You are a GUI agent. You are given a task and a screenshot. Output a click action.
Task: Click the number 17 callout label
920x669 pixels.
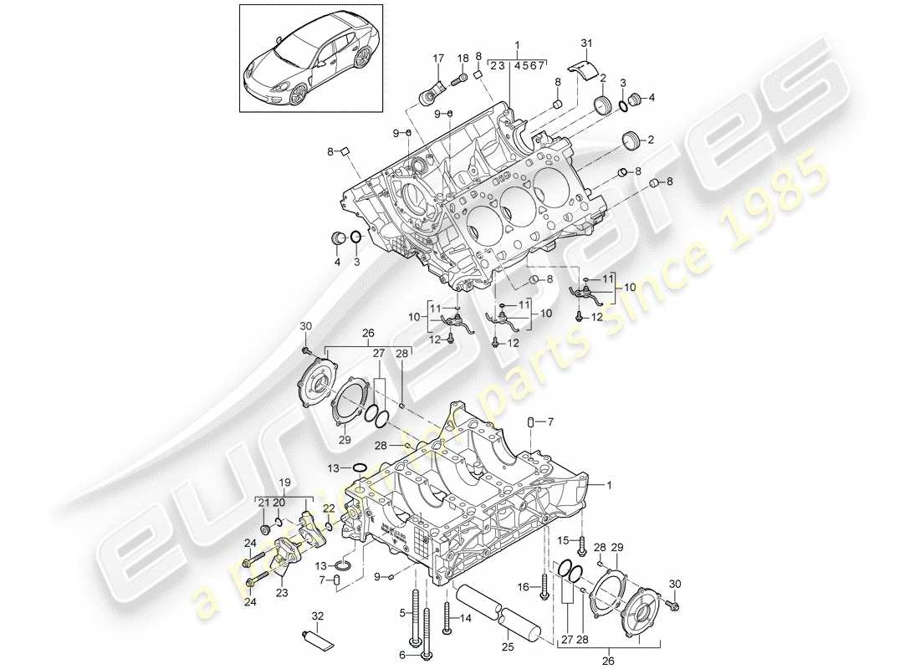437,58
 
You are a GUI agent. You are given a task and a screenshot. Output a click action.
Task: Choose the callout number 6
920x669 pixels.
401,654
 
